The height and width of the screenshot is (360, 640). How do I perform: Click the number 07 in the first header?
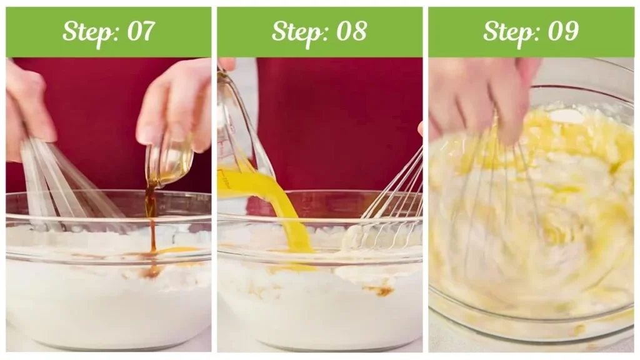click(141, 31)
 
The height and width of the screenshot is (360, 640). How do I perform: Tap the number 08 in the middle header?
click(352, 31)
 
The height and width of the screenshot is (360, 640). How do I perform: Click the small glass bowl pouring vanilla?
click(169, 161)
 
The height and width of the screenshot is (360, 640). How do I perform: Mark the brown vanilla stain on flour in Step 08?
click(379, 290)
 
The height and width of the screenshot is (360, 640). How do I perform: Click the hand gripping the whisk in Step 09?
click(482, 98)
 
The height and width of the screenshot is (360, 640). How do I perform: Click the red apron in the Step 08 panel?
click(339, 122)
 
